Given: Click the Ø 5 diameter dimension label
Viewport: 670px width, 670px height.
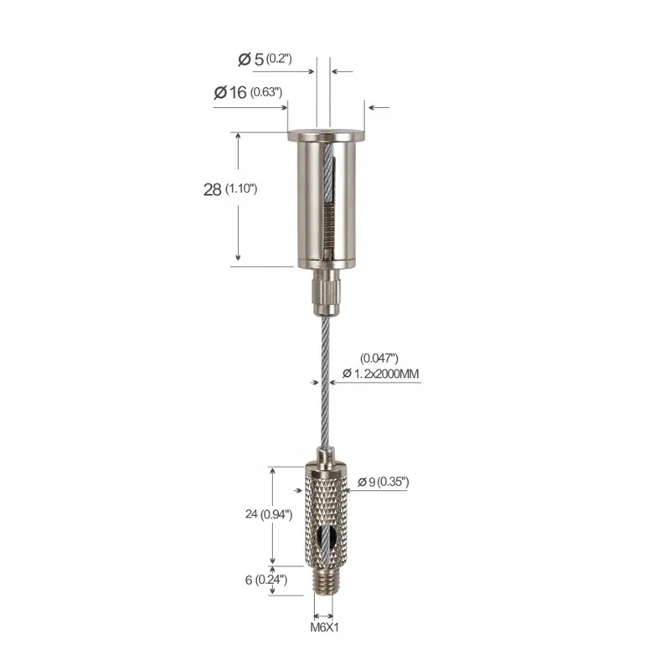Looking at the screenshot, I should (252, 59).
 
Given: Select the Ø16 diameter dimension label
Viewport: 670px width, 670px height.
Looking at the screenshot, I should (230, 92).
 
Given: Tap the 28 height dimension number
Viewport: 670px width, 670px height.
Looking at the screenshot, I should (212, 189).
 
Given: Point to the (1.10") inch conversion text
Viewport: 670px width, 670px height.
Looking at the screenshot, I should (240, 190).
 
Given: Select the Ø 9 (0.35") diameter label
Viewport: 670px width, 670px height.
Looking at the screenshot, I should (382, 482).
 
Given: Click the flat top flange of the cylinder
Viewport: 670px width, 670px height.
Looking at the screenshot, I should (322, 135).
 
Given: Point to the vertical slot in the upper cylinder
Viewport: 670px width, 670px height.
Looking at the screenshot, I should (327, 201).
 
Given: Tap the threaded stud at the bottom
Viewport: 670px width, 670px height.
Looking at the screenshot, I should (323, 580).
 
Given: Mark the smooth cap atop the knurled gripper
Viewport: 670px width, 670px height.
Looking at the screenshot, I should (323, 460).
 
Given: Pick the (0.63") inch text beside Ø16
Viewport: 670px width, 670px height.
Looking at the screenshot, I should (265, 92).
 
